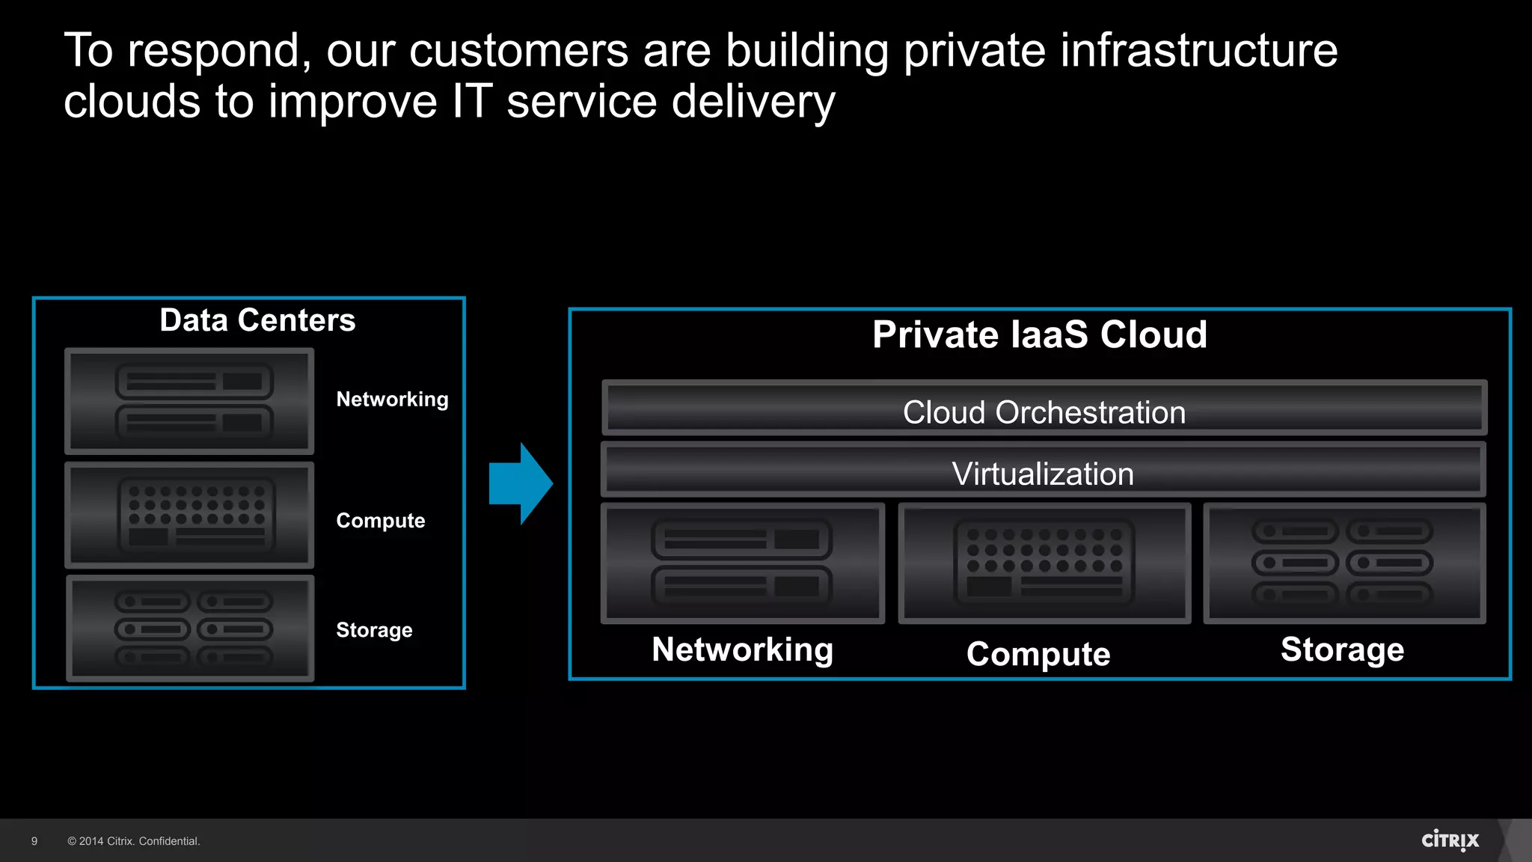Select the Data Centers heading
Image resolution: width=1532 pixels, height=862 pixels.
(257, 320)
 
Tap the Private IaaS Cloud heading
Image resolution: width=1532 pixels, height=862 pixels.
(1040, 334)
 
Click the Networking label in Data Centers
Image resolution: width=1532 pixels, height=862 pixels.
(392, 400)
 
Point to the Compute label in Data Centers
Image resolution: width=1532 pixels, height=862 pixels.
(380, 521)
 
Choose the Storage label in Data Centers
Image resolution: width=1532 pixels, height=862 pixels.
(374, 630)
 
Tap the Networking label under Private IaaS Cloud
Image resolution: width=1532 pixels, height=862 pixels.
(742, 649)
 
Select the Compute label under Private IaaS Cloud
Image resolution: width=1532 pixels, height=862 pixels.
(1038, 654)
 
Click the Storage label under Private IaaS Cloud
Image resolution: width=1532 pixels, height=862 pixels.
(1342, 649)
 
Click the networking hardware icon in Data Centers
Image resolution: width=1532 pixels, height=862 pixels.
(190, 402)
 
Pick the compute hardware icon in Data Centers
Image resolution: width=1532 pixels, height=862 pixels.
(190, 515)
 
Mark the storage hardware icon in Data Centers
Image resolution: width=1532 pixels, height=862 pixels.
(191, 629)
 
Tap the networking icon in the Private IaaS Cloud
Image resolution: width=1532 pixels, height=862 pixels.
(742, 563)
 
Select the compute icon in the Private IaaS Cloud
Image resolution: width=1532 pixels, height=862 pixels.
(1044, 563)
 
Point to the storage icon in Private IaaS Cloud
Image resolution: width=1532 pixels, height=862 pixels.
(1343, 563)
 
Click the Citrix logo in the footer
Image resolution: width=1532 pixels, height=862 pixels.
(1450, 840)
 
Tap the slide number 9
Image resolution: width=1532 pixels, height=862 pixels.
(34, 841)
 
